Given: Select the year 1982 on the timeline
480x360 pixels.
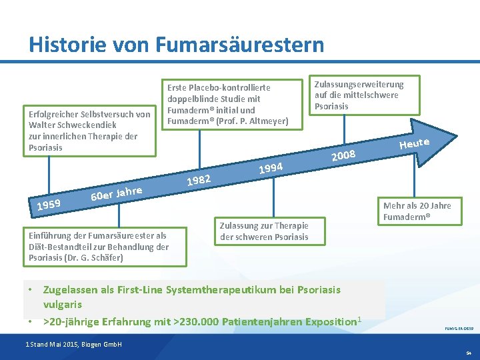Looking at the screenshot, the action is (199, 179).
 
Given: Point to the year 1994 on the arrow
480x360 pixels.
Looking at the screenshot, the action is (271, 167).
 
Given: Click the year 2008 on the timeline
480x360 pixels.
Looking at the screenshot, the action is (344, 155).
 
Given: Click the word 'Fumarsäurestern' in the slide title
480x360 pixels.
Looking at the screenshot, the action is (239, 45).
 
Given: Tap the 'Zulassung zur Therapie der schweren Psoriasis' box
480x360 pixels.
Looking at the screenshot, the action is (265, 231).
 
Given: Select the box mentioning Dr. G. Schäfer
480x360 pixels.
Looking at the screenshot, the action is (97, 246).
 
